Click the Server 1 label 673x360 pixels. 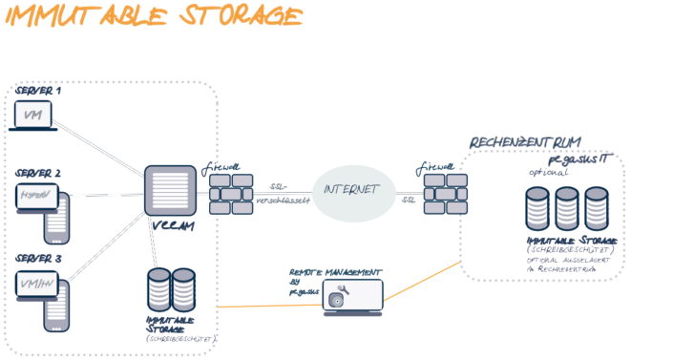(x=37, y=92)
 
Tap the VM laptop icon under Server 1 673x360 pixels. (x=33, y=116)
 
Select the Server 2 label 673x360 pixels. (x=38, y=174)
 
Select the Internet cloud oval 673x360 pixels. (x=353, y=191)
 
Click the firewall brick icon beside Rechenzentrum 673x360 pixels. (x=443, y=195)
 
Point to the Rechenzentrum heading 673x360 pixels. (x=524, y=141)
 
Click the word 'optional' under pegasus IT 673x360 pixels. (x=549, y=173)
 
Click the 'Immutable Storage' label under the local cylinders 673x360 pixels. (x=171, y=325)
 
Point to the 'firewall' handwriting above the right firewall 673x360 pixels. (x=436, y=166)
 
